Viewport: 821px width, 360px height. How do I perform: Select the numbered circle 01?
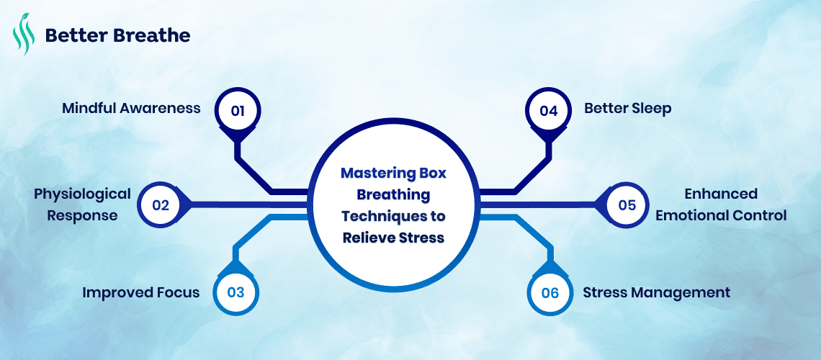tap(238, 111)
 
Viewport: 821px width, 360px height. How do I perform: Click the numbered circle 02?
tap(160, 204)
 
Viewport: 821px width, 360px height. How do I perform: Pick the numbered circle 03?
tap(235, 292)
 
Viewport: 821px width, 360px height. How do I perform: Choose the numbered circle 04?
tap(549, 111)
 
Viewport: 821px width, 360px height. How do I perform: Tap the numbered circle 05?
tap(627, 204)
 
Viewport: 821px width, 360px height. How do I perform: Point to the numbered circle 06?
tap(549, 292)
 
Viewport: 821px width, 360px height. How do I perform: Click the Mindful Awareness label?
tap(130, 109)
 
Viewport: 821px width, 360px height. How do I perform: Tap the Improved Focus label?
tap(140, 292)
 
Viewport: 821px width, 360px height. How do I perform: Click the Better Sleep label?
tap(627, 109)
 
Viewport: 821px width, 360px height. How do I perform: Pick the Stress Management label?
tap(656, 292)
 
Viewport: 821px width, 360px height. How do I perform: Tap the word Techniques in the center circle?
tap(378, 216)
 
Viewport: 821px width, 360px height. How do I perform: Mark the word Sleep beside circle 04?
tap(650, 109)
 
